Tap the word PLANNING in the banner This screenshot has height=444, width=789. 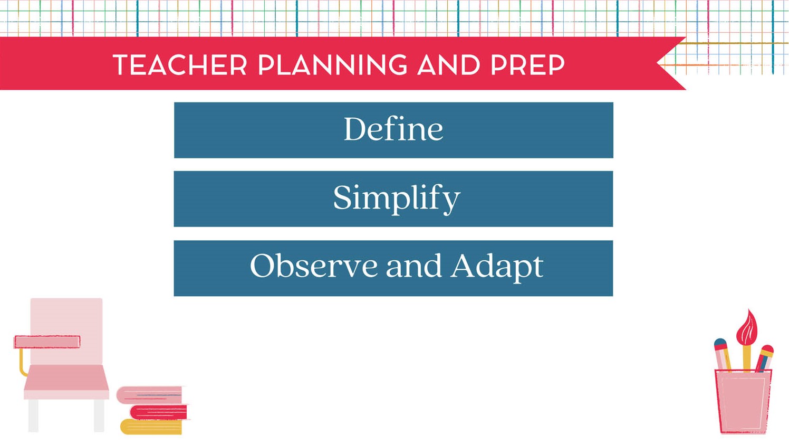click(332, 65)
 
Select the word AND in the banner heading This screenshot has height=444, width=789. click(448, 65)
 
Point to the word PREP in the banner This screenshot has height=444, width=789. click(527, 65)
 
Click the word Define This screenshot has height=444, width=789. click(393, 129)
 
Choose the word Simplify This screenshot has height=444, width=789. click(397, 199)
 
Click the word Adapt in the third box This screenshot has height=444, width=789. click(496, 266)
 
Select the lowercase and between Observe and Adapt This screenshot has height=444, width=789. click(413, 266)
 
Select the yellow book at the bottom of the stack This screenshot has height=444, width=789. click(151, 427)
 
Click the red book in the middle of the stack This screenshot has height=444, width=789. click(159, 411)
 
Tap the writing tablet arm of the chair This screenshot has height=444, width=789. click(47, 342)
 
